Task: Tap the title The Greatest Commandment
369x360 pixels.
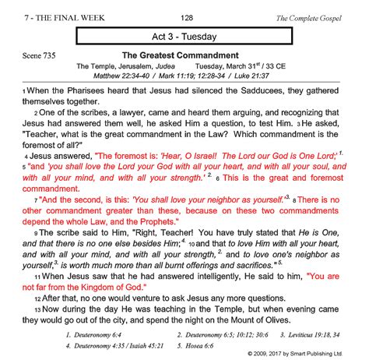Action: [180, 56]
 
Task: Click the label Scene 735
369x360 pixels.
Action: [31, 58]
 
